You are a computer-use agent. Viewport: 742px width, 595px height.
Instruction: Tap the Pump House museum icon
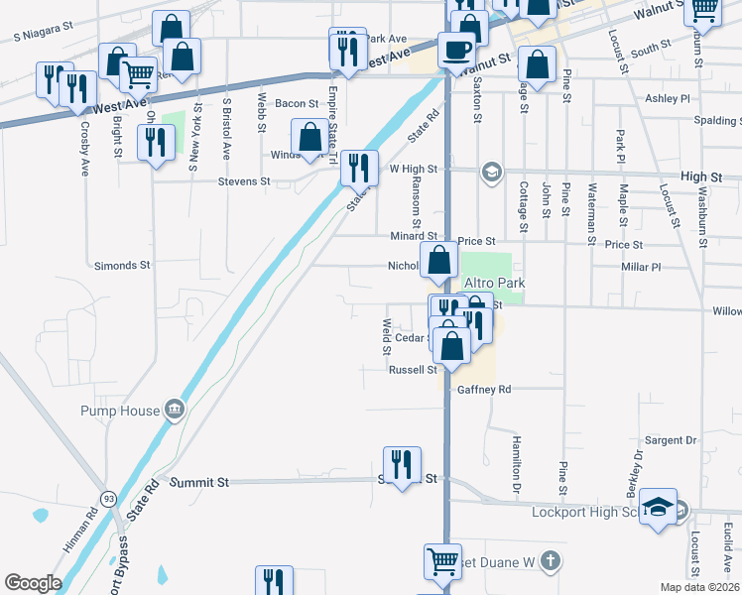(175, 408)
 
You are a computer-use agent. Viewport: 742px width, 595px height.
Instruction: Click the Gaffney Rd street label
(484, 390)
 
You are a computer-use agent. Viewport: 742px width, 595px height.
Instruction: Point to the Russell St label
(413, 370)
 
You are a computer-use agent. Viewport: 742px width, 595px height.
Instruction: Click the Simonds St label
(121, 266)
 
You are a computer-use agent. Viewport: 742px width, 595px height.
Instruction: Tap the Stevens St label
(244, 181)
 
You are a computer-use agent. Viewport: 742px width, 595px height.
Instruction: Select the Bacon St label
(297, 103)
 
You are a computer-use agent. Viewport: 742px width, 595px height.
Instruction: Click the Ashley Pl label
(667, 99)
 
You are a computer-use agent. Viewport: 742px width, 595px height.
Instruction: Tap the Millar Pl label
(640, 267)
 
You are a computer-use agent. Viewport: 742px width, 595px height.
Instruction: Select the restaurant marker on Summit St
(402, 465)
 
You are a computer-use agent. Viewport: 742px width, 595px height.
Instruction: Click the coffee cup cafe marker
(456, 48)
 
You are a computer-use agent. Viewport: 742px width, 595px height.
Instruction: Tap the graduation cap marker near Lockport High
(658, 507)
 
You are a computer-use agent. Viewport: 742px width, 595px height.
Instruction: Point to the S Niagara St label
(58, 35)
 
